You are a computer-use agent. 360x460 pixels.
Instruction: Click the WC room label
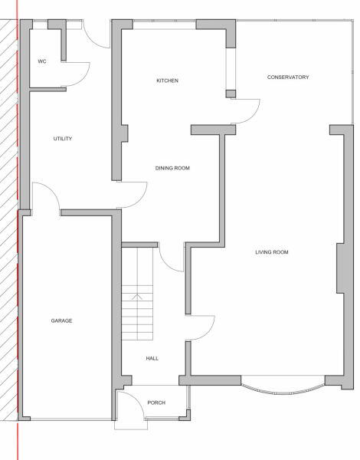coord(42,61)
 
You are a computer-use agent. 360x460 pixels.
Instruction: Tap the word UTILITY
coord(63,139)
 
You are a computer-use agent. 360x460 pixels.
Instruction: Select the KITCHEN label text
coord(167,80)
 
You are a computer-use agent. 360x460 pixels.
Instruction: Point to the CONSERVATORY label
coord(287,77)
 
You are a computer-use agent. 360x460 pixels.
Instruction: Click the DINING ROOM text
coord(172,169)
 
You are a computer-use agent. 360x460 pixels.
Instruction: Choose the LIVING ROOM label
coord(272,252)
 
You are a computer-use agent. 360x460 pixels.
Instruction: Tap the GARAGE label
coord(61,320)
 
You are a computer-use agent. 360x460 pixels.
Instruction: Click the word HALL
coord(152,358)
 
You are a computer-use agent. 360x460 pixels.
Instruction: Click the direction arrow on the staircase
coord(137,295)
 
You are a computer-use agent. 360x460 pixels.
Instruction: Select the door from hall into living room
coord(201,328)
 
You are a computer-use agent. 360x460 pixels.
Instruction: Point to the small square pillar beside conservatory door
coord(230,94)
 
